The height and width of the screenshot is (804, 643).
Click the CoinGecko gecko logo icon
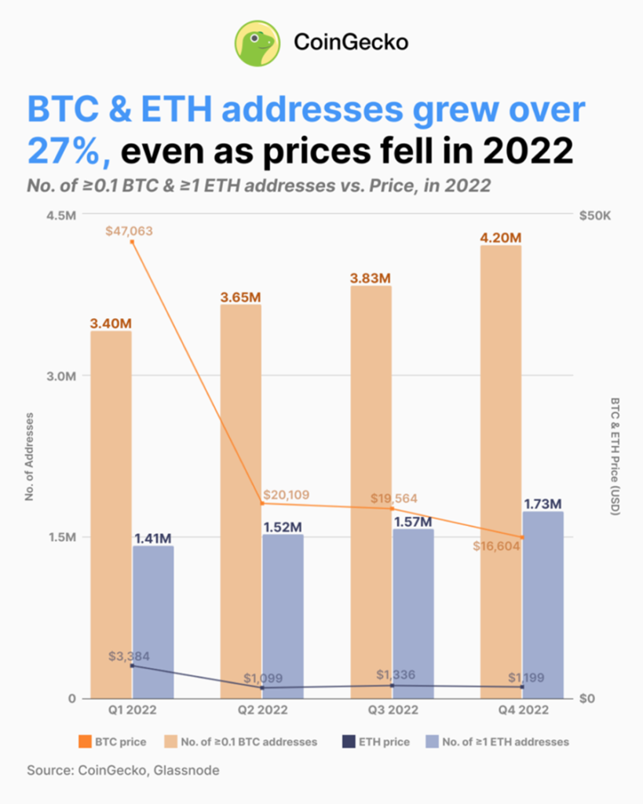(257, 42)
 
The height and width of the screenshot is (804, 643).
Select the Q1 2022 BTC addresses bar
(111, 514)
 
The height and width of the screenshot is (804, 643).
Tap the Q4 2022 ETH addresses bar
(543, 605)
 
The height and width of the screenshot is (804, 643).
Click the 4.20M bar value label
(500, 237)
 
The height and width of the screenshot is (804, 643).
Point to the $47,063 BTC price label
(129, 231)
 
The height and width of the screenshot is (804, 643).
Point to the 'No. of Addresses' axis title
(30, 455)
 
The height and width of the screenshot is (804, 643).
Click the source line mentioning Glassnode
(123, 770)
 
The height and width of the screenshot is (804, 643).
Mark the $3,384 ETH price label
(129, 656)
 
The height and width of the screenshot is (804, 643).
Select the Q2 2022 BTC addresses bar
(241, 502)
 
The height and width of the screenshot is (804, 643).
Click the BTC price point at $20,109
(262, 503)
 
